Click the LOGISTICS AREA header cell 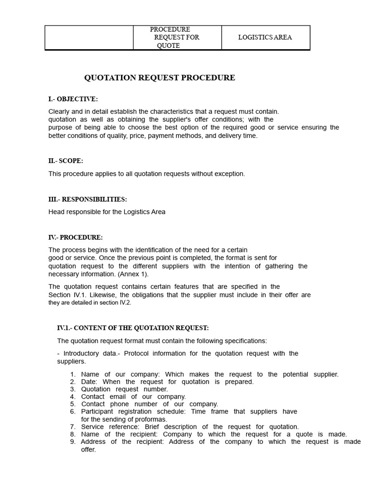point(265,37)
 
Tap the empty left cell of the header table point(89,37)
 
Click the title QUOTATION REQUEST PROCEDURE point(159,78)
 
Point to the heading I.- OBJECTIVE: point(73,99)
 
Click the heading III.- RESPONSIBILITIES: point(88,199)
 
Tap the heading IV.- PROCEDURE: point(75,237)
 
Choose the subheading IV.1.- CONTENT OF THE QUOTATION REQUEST point(132,328)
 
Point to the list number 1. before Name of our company point(73,374)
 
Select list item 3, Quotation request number point(124,389)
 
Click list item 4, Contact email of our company point(133,397)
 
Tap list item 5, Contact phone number point(149,404)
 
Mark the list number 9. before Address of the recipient point(73,442)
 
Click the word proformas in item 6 point(151,419)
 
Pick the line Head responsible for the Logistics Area point(106,212)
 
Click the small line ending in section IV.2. point(90,302)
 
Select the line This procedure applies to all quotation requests point(146,174)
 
